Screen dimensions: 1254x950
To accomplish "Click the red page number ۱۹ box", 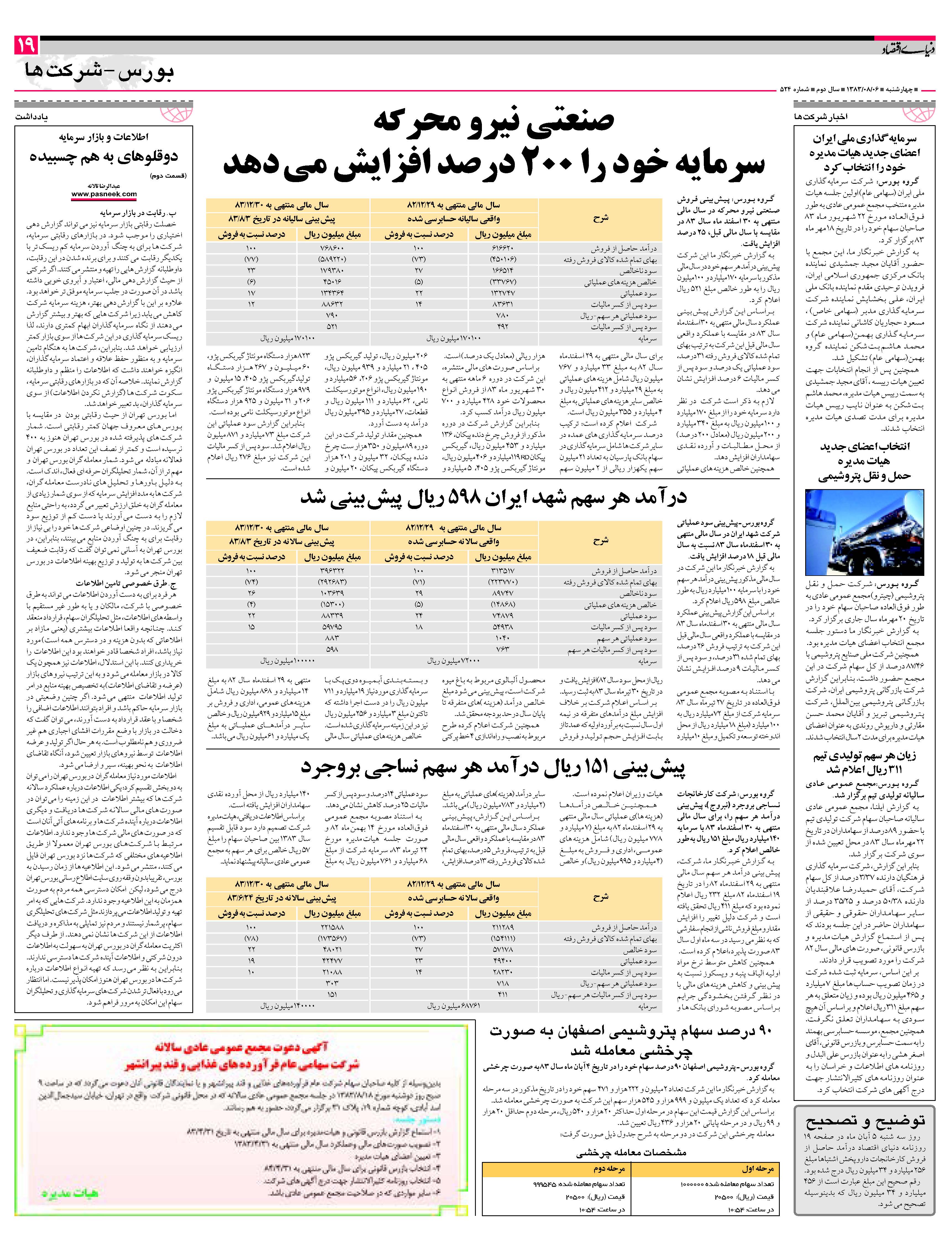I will point(26,45).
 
